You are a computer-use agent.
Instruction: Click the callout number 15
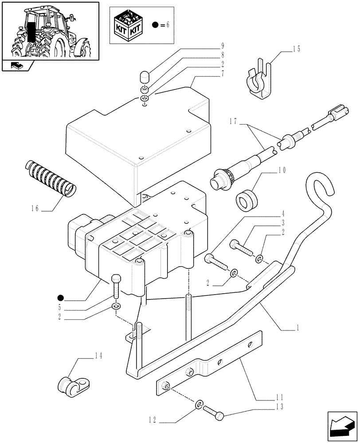(296, 49)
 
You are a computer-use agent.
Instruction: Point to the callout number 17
(235, 121)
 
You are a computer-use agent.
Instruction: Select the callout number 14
(98, 355)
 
